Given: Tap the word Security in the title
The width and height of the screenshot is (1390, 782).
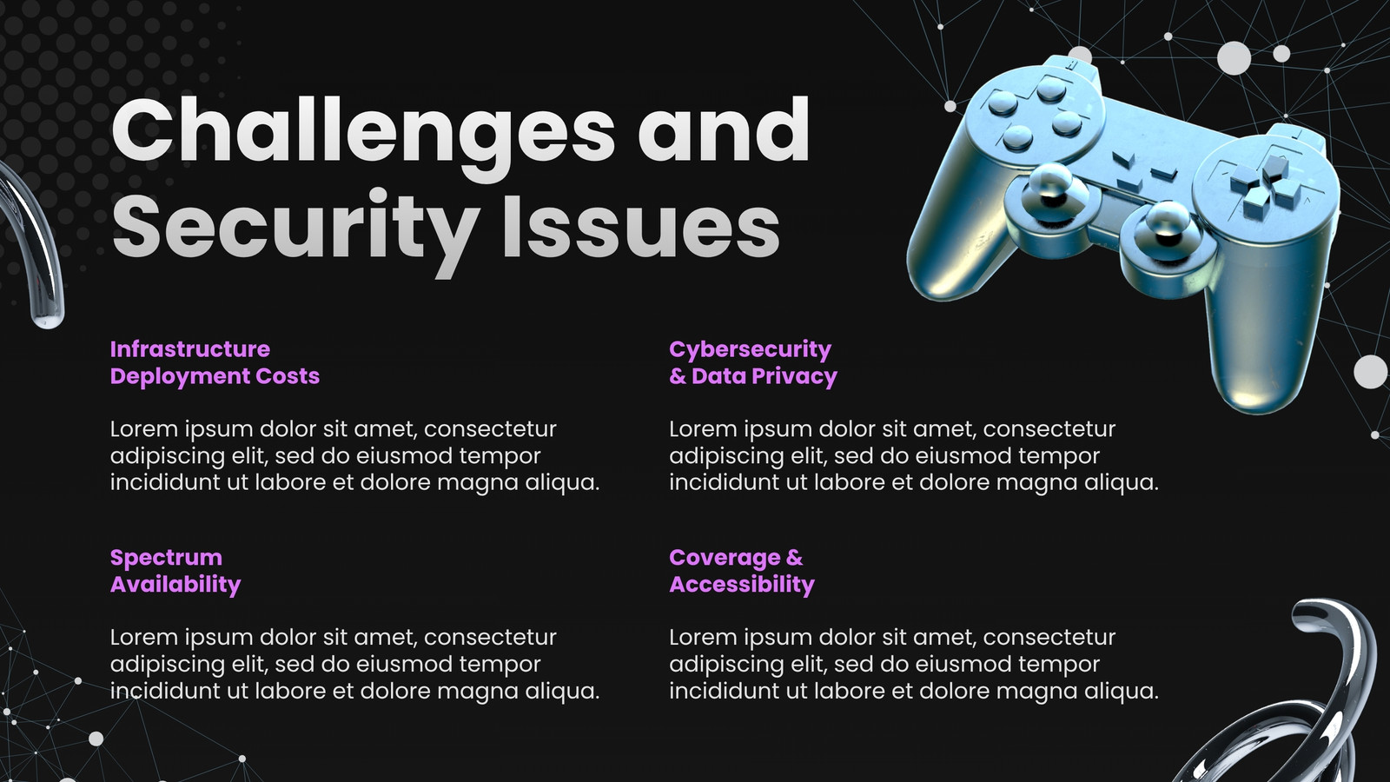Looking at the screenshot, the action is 295,230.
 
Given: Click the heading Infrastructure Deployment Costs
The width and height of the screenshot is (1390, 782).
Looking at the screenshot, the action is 215,362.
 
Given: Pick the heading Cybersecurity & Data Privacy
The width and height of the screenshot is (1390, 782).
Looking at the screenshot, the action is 752,362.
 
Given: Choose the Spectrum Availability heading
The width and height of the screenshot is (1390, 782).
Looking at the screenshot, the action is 175,571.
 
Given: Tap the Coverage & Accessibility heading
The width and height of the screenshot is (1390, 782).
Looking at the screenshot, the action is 742,571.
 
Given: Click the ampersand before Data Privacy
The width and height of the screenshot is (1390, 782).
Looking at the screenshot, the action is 678,376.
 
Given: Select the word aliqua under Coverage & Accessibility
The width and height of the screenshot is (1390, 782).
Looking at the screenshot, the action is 1122,692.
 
